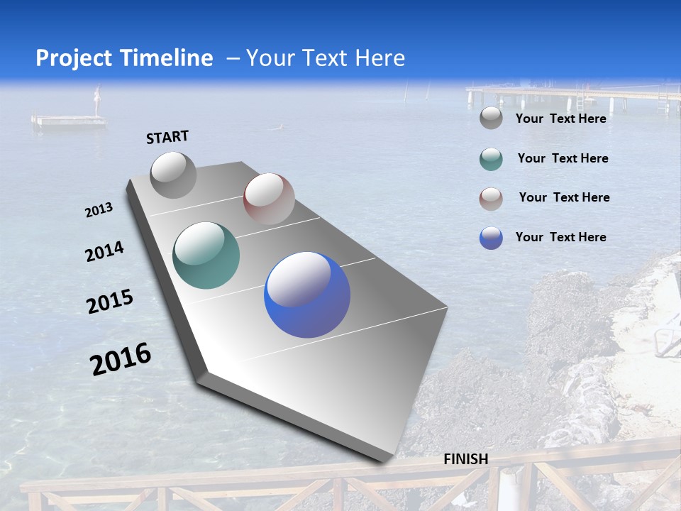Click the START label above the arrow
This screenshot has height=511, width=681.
(x=167, y=137)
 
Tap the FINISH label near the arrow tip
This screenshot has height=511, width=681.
(x=465, y=459)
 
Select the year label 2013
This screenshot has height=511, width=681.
(x=99, y=210)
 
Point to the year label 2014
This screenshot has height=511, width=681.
(x=104, y=252)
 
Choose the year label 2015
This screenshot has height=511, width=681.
(x=110, y=302)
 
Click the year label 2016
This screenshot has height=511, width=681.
(x=121, y=359)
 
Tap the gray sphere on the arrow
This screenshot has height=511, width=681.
(x=173, y=175)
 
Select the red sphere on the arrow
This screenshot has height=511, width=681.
(x=269, y=199)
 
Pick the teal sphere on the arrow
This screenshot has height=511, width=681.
(x=206, y=255)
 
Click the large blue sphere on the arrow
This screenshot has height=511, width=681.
(x=307, y=295)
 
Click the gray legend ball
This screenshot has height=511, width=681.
(x=491, y=119)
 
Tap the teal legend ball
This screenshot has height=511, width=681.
(x=491, y=159)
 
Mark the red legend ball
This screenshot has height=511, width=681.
(x=491, y=199)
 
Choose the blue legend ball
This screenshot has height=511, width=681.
(x=491, y=238)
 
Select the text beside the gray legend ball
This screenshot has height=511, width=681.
(x=560, y=119)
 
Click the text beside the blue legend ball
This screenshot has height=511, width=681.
(x=560, y=237)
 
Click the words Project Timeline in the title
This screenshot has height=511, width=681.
(x=124, y=58)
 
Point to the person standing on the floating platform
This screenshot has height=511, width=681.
(x=99, y=100)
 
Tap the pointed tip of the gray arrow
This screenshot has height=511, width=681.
(x=383, y=462)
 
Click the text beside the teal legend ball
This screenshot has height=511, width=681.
(x=563, y=158)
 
